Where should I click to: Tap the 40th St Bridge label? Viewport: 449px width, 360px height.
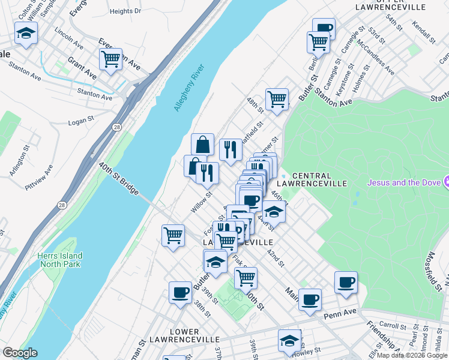119,178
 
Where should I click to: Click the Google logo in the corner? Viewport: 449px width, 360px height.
20,353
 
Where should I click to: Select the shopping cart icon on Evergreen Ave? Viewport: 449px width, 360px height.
110,59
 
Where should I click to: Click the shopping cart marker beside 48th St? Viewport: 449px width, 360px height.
277,99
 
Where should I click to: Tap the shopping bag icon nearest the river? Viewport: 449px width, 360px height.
202,144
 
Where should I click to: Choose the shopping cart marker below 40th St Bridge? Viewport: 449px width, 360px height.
173,235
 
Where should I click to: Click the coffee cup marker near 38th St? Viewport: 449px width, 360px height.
180,292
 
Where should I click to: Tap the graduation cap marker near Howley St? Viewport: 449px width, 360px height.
289,340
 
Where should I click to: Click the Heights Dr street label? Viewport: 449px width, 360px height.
125,11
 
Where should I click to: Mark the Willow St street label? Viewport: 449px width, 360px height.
202,202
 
